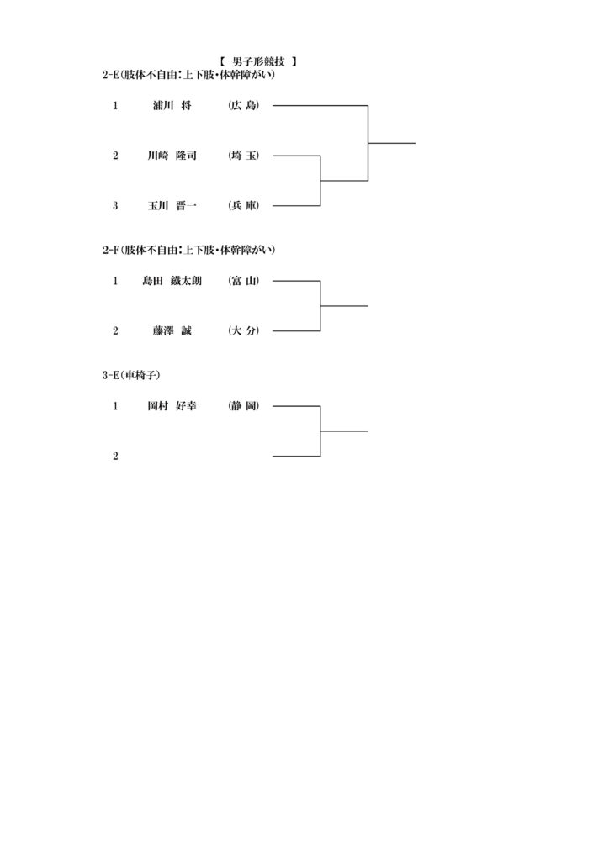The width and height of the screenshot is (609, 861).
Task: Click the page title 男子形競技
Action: click(x=258, y=61)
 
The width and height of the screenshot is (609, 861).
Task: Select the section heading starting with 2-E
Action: click(x=188, y=75)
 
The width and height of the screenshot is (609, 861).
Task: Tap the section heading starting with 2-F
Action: click(x=188, y=250)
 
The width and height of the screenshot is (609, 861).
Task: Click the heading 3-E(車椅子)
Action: click(x=131, y=375)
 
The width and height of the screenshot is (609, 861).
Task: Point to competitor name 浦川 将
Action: click(x=172, y=105)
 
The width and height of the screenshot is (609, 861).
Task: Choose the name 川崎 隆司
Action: click(x=172, y=156)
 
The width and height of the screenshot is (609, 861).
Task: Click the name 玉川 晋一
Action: click(x=172, y=205)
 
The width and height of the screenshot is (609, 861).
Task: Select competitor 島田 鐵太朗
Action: click(x=172, y=281)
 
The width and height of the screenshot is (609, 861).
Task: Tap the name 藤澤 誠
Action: click(x=172, y=330)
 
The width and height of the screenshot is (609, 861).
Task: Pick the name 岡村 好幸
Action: click(x=172, y=406)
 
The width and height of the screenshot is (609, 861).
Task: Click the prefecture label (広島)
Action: click(x=244, y=105)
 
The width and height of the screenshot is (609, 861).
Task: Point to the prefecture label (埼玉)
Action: click(x=244, y=156)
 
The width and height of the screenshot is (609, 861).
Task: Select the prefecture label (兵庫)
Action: click(x=244, y=205)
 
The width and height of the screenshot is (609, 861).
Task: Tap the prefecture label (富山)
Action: click(x=244, y=281)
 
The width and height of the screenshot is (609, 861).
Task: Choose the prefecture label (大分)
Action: click(x=244, y=330)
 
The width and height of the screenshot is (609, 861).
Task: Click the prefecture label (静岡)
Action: click(x=244, y=406)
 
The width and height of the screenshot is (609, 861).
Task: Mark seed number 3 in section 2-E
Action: click(x=115, y=206)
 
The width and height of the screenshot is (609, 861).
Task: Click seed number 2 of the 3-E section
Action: click(x=115, y=457)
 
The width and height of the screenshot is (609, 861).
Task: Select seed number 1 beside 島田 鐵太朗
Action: click(x=115, y=281)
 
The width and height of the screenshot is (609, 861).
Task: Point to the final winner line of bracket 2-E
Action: click(x=391, y=143)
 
